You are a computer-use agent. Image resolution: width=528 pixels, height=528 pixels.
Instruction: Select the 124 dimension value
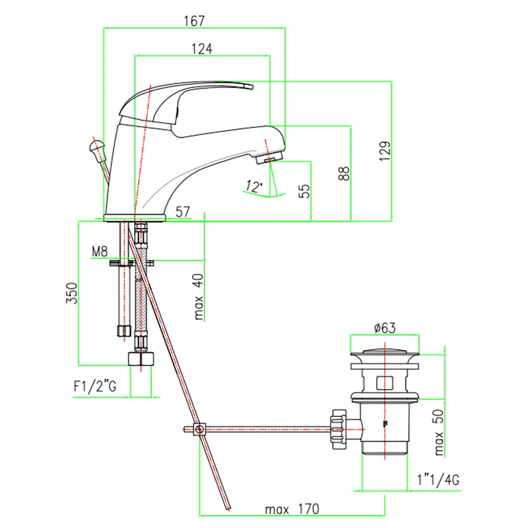pos(203,48)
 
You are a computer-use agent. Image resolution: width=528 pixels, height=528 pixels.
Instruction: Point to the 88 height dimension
pos(344,173)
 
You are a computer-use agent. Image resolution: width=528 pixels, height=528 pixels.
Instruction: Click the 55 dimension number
pos(304,191)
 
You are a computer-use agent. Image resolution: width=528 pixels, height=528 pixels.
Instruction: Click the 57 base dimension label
pos(183,212)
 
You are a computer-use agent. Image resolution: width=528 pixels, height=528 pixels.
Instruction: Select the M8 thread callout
pos(100,251)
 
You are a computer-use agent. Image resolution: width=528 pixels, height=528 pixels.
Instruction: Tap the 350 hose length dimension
pos(73,293)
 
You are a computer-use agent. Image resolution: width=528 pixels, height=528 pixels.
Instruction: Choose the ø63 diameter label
pos(384,328)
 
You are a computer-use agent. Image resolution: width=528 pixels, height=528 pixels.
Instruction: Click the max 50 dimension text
pos(440,432)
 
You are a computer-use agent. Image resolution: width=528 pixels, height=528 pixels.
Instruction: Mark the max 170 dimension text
pos(292,509)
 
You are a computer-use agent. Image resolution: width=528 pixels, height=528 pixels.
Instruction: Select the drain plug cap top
pos(383,350)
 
